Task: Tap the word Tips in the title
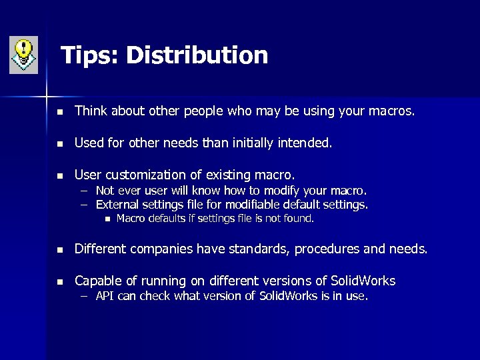coord(89,56)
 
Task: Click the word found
coord(298,218)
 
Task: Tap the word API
coord(105,295)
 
